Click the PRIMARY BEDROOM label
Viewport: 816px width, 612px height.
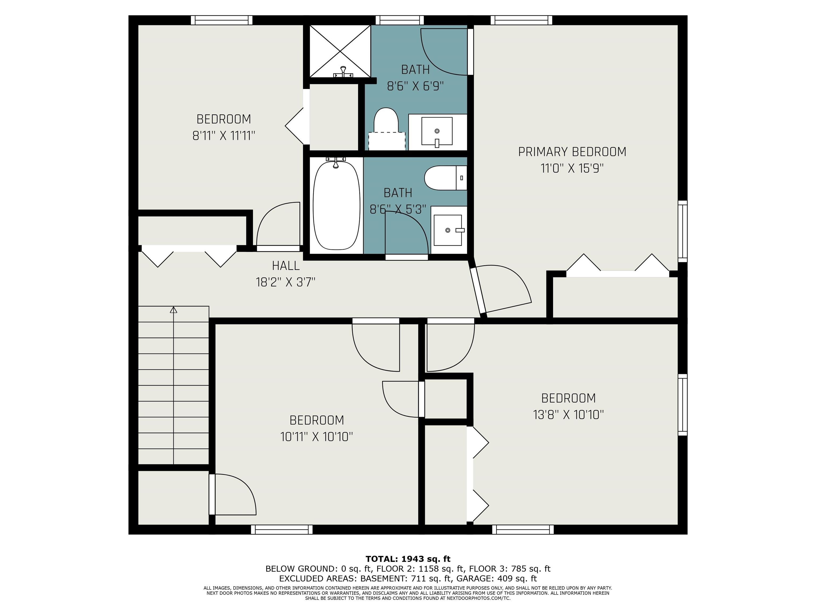[572, 152]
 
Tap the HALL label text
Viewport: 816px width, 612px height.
[286, 265]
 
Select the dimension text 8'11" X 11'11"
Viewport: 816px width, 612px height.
[224, 136]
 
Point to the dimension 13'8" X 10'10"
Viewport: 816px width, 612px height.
[568, 415]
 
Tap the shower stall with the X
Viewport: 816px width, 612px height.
[340, 51]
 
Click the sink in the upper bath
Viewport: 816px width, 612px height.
[437, 132]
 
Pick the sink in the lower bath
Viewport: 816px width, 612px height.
[448, 230]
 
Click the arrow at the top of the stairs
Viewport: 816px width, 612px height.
[173, 310]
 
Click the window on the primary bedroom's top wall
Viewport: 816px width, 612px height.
[521, 20]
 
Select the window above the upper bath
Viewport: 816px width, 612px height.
[400, 20]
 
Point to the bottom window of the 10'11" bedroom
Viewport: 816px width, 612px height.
[282, 529]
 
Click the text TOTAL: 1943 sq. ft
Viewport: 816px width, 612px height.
[408, 559]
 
